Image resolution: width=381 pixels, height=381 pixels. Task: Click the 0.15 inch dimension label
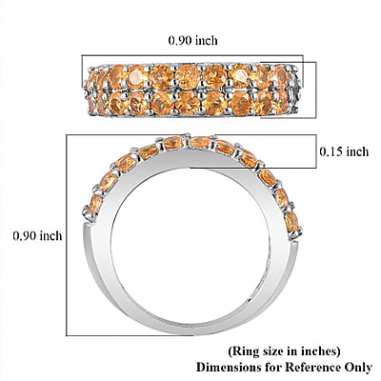(344, 151)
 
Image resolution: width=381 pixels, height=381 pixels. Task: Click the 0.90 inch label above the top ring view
(192, 40)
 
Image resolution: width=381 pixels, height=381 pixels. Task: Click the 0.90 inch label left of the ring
(37, 235)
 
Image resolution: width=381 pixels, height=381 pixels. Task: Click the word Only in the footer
(358, 368)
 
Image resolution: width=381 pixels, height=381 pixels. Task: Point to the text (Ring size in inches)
(284, 351)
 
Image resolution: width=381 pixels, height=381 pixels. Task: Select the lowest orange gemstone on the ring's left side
(95, 204)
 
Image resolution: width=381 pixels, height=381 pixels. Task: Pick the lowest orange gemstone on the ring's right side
(292, 222)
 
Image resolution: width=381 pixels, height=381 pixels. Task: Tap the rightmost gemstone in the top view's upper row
(282, 76)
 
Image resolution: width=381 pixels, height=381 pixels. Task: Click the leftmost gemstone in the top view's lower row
(91, 104)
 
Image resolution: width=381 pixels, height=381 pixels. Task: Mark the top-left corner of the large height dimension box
(67, 135)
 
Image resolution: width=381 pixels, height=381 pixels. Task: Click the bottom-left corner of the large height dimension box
(67, 335)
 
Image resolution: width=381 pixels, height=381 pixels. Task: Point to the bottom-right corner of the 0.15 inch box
(316, 168)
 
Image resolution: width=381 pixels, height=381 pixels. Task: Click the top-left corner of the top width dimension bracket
(82, 55)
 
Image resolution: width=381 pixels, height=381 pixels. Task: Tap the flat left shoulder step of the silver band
(90, 224)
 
